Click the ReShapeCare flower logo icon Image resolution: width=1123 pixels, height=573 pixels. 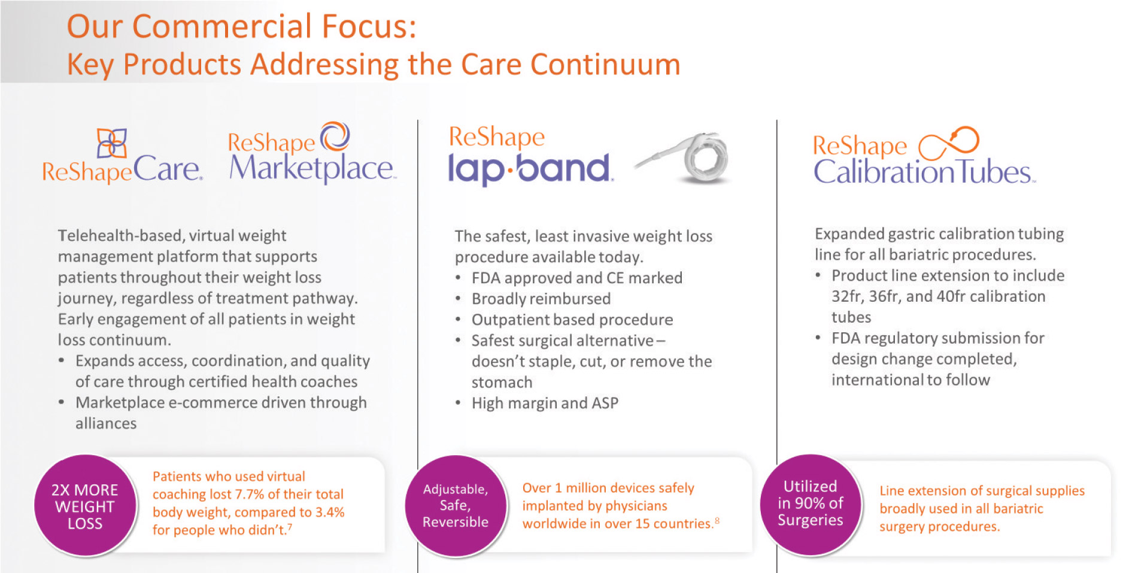[112, 144]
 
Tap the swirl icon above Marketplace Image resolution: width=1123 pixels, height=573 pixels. [335, 137]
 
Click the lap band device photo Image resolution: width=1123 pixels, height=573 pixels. [682, 157]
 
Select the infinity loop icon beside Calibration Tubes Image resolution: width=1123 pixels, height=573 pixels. [949, 144]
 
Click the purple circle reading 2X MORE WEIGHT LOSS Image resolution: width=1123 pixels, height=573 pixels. [85, 506]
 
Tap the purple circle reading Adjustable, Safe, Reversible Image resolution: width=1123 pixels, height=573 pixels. [456, 506]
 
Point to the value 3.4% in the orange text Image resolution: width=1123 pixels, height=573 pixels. [330, 512]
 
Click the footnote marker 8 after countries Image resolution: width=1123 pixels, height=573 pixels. [717, 520]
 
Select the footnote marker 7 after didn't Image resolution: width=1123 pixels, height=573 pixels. [290, 527]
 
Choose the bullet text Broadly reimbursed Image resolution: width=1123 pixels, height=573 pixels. [541, 299]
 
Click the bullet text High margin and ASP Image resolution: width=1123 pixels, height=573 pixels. [545, 403]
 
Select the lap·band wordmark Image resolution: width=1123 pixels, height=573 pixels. [529, 168]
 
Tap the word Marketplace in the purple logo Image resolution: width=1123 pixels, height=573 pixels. [311, 168]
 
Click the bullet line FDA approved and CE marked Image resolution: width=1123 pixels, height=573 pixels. [577, 278]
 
